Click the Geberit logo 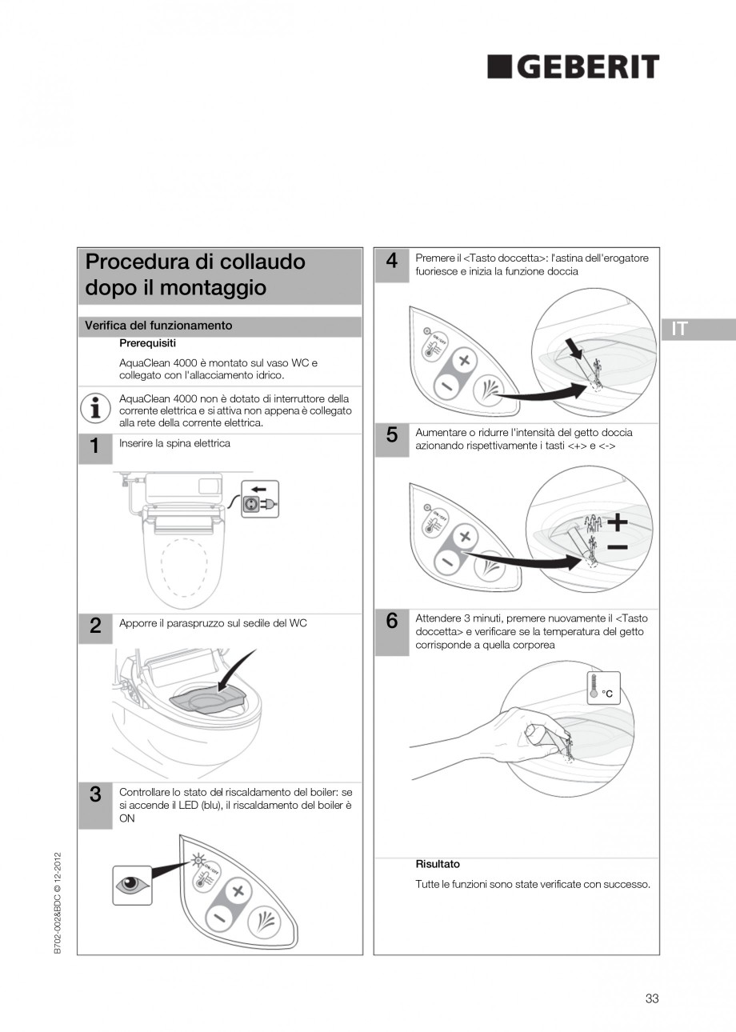coord(573,67)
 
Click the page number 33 coord(651,998)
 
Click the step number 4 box coord(391,263)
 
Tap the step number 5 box coord(391,437)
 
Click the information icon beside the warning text coord(96,408)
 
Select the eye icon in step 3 coord(131,886)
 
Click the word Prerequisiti coord(147,343)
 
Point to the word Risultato coord(438,864)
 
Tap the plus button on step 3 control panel coord(236,891)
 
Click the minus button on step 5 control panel coord(446,561)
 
